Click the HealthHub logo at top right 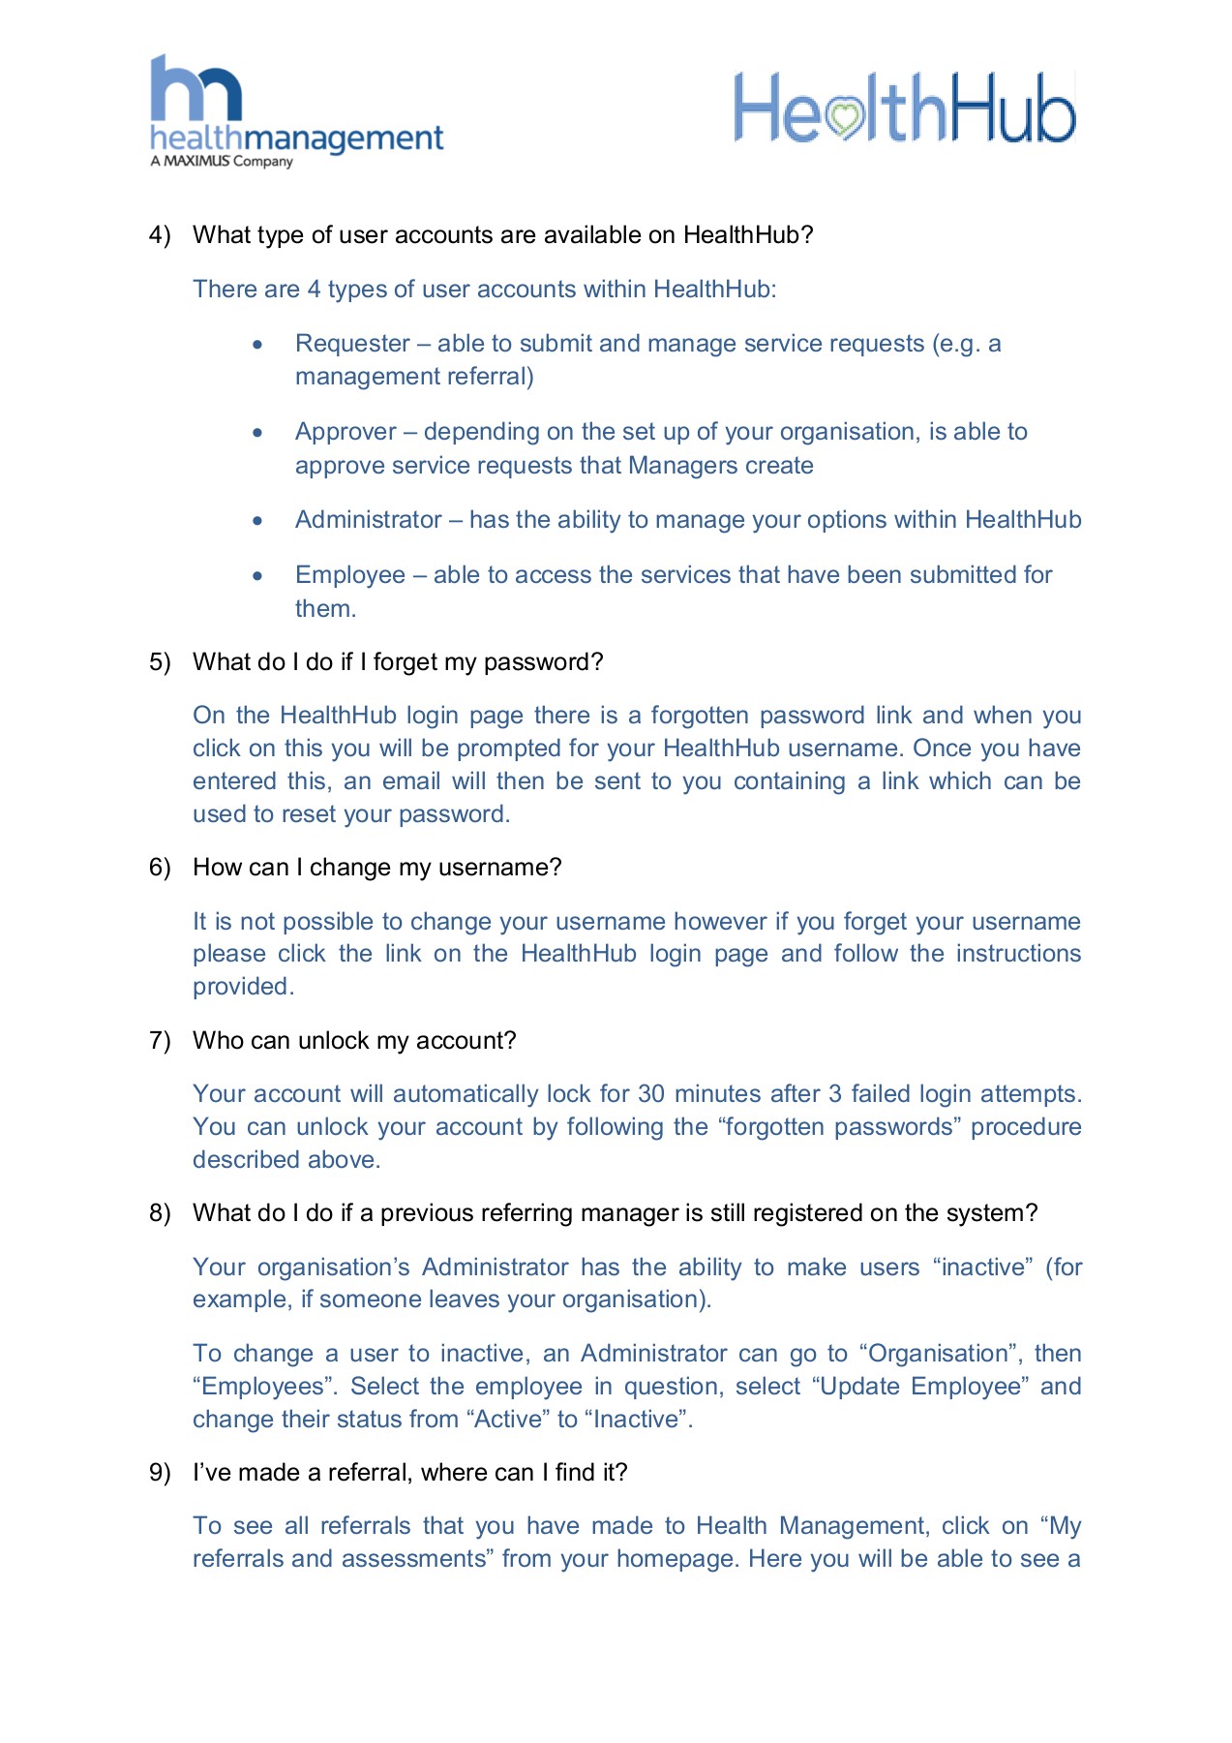tap(904, 107)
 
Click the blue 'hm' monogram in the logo tap(195, 89)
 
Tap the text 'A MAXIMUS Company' tap(222, 162)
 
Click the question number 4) tap(160, 235)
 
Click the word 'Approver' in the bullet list tap(346, 432)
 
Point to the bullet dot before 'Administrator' tap(257, 521)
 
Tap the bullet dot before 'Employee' tap(257, 575)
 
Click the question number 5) tap(160, 662)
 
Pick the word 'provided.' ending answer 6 tap(243, 987)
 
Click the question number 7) tap(160, 1041)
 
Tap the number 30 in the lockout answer tap(650, 1094)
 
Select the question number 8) tap(160, 1213)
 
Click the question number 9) tap(160, 1473)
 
